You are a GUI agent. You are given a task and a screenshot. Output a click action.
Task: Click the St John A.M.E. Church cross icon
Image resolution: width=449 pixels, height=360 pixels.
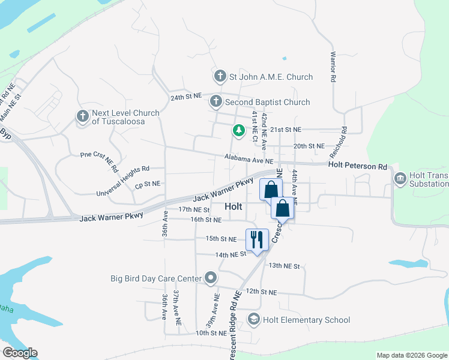pyautogui.click(x=220, y=77)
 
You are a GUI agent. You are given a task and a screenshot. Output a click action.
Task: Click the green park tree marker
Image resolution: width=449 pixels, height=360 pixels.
pyautogui.click(x=239, y=130)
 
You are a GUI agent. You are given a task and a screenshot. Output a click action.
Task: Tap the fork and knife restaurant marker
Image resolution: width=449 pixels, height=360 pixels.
pyautogui.click(x=256, y=239)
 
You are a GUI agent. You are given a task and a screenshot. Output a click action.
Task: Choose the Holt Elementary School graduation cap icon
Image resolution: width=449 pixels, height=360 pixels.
pyautogui.click(x=254, y=320)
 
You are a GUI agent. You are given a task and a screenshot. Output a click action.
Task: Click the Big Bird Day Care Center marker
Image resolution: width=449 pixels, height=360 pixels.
pyautogui.click(x=211, y=278)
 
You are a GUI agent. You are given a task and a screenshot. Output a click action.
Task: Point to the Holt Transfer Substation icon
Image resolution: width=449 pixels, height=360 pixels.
pyautogui.click(x=400, y=178)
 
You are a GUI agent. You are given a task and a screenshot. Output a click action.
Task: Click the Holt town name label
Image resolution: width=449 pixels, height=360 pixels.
pyautogui.click(x=234, y=206)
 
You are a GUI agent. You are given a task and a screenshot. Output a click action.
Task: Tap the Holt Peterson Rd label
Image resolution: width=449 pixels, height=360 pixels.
pyautogui.click(x=358, y=165)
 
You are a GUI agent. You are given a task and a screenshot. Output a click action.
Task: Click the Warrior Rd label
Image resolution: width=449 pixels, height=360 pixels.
pyautogui.click(x=332, y=65)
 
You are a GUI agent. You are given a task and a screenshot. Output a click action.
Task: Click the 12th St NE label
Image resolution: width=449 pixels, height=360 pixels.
pyautogui.click(x=261, y=292)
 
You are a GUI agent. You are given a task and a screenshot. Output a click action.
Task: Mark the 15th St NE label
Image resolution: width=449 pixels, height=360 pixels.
pyautogui.click(x=221, y=238)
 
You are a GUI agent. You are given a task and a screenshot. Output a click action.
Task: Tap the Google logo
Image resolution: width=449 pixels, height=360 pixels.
pyautogui.click(x=20, y=352)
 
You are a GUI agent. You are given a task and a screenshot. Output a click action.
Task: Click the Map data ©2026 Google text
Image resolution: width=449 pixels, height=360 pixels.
pyautogui.click(x=412, y=355)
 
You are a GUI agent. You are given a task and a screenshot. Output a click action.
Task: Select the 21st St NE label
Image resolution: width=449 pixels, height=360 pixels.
pyautogui.click(x=285, y=130)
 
